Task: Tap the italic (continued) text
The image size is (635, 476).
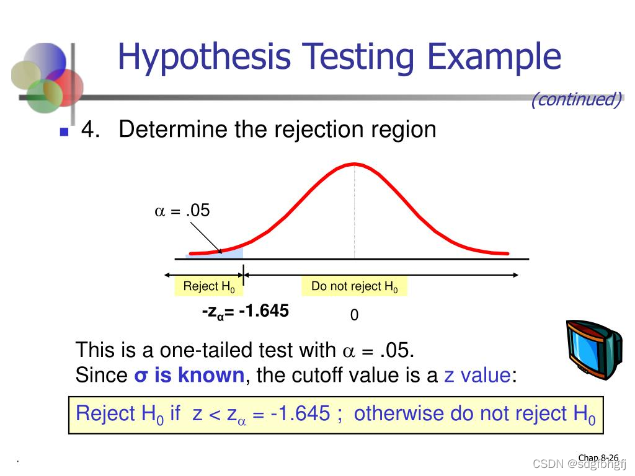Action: [x=576, y=99]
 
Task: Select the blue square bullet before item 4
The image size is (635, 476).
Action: [x=64, y=132]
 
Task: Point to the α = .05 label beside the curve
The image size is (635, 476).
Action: [x=182, y=211]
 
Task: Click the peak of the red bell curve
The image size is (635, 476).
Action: [x=353, y=164]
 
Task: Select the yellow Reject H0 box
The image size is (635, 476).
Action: [x=209, y=286]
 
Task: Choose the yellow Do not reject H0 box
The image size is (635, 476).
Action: [x=354, y=286]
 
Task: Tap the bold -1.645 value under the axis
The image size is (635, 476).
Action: [x=263, y=311]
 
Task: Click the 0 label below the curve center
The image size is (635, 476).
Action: [x=354, y=315]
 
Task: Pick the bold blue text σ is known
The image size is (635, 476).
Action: [x=189, y=375]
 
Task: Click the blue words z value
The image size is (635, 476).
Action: [x=478, y=375]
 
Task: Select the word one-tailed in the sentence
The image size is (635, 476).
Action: [x=196, y=351]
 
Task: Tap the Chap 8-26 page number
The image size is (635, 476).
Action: [x=598, y=458]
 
